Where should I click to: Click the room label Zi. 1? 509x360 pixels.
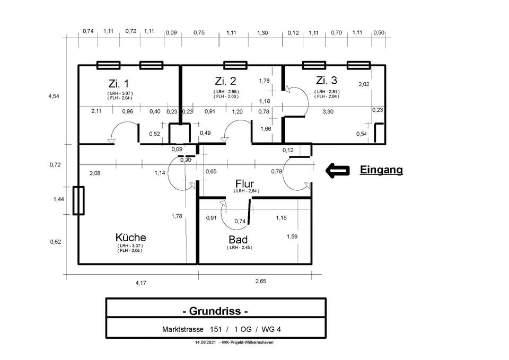118,83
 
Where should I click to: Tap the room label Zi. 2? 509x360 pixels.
225,81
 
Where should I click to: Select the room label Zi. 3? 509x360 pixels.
326,81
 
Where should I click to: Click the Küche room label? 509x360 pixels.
130,238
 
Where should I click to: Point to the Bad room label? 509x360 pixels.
238,240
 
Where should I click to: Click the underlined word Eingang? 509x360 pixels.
381,170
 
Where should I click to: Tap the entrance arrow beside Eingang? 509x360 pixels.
337,170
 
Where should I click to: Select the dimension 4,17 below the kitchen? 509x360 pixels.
140,283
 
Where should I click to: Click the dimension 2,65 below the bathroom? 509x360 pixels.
260,282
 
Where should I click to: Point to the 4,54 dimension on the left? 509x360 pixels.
54,96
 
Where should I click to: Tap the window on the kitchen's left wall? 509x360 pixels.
78,200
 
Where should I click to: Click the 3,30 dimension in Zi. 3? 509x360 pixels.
328,111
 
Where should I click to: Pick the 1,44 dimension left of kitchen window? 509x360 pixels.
58,199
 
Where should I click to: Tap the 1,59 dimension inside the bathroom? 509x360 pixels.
292,236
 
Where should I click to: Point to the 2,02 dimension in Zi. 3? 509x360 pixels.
364,84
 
